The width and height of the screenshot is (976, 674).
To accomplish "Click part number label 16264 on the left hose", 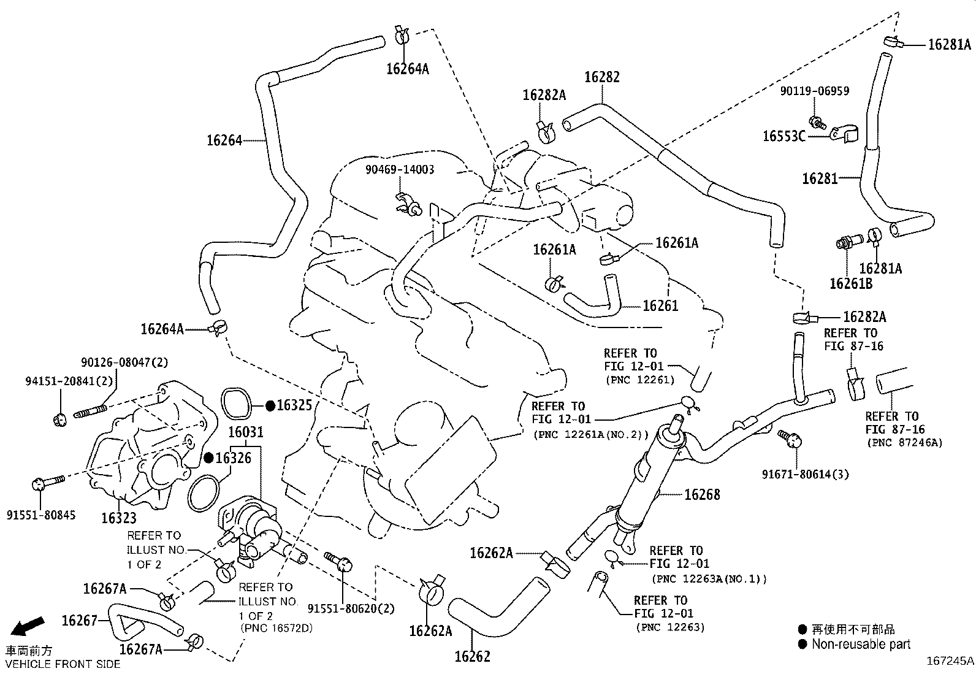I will [x=224, y=140].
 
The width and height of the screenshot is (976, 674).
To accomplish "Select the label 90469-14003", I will [x=400, y=170].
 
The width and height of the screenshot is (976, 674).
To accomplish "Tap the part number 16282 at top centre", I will [x=601, y=77].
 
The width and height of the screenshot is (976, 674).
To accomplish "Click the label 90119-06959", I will [x=814, y=91].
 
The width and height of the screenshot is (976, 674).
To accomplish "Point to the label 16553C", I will [x=783, y=136].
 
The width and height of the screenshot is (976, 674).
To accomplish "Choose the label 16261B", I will [x=850, y=283].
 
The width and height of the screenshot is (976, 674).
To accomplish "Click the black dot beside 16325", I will [x=270, y=405].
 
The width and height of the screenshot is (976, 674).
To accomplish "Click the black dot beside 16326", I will [x=208, y=458].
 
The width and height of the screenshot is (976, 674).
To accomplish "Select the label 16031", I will [x=246, y=432].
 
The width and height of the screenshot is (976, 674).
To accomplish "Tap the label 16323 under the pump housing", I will [x=119, y=518].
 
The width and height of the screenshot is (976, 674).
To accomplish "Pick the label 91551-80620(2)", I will [x=351, y=608].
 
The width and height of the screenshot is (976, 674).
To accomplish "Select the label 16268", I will [x=702, y=494].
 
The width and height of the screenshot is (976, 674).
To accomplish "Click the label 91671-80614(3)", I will [x=805, y=474].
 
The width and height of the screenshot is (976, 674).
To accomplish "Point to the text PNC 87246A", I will [x=904, y=443].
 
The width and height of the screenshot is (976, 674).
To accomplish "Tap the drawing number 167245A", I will [x=949, y=661].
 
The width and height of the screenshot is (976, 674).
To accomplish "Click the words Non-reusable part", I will [x=861, y=644].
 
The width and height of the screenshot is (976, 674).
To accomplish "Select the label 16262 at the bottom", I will [x=472, y=656].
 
